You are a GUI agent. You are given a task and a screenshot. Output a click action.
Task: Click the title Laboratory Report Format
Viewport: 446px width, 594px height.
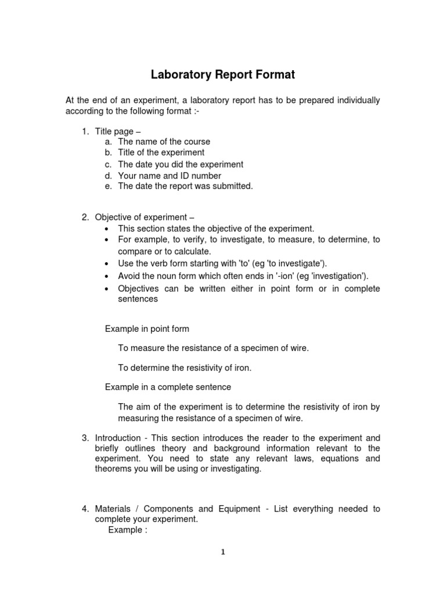pos(223,75)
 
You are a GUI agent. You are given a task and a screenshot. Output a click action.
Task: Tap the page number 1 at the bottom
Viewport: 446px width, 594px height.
pos(222,552)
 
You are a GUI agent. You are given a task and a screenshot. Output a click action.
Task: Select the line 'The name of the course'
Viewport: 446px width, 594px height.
pos(164,142)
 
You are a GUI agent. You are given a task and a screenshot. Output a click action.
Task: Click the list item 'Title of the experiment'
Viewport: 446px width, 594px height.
pos(161,153)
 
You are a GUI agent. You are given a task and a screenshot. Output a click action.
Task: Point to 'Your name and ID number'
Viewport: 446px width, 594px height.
pos(170,175)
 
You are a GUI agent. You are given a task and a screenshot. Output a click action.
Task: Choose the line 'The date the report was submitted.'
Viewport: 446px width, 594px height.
pos(185,186)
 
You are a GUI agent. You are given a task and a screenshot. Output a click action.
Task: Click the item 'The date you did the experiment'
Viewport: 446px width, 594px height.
pos(181,164)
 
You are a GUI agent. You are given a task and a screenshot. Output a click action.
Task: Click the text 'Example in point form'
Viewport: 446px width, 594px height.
pos(147,329)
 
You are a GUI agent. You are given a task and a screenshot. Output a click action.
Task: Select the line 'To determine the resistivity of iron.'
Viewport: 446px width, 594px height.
pos(185,368)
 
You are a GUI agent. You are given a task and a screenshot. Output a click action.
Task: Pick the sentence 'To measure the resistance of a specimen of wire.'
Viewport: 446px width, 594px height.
pos(213,348)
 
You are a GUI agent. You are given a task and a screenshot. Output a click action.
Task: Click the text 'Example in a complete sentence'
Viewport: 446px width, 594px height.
pos(168,387)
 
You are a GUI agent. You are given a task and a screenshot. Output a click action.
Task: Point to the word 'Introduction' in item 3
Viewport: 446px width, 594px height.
pos(118,438)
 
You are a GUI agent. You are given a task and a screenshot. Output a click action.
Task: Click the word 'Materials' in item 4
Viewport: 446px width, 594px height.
pos(114,509)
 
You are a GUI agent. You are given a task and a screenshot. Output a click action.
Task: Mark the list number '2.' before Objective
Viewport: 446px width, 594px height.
pos(85,218)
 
